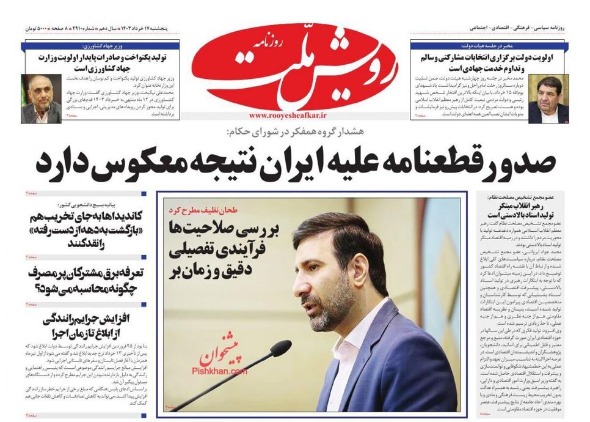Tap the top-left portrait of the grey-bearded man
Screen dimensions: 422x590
[41, 98]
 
